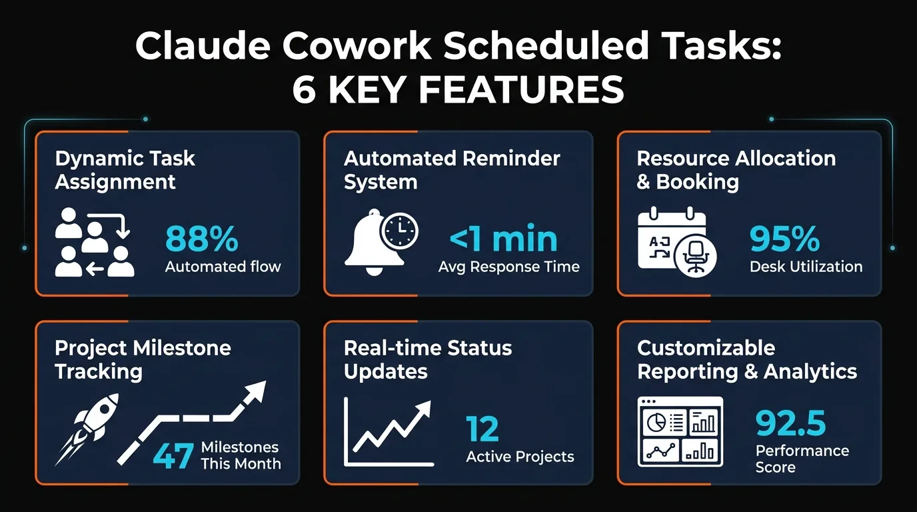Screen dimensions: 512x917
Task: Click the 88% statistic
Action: [201, 239]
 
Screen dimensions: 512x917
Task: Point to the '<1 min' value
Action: [503, 239]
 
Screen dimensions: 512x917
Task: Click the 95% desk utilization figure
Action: [784, 239]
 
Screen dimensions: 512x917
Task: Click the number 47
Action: [173, 457]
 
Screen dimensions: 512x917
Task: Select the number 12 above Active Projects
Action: [482, 429]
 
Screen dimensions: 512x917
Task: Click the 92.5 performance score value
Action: [791, 423]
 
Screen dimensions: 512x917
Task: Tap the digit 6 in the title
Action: [304, 89]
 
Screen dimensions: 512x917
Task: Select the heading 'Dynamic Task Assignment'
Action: [125, 170]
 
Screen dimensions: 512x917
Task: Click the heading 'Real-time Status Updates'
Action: [428, 359]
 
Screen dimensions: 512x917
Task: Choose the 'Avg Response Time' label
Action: [508, 267]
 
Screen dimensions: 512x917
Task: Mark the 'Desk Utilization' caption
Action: [806, 267]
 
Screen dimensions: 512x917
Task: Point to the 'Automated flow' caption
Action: [223, 267]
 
